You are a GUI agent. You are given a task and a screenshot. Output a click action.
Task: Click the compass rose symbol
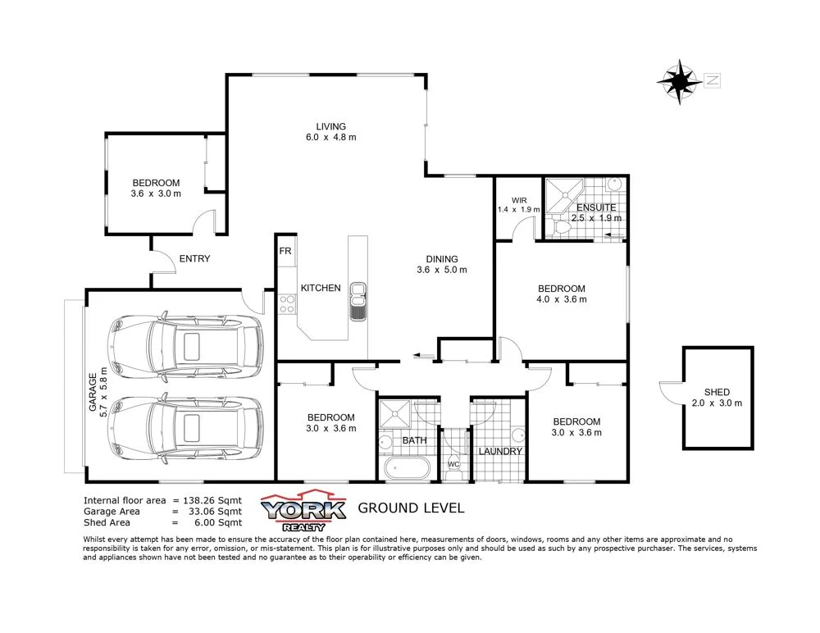(680, 81)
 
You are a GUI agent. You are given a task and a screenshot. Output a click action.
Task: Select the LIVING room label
(331, 126)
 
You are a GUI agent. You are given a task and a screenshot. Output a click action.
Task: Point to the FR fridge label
(285, 251)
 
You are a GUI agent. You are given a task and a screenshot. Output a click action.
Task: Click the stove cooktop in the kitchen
(287, 304)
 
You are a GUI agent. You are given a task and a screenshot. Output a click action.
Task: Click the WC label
(453, 465)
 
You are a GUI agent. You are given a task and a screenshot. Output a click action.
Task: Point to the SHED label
(717, 392)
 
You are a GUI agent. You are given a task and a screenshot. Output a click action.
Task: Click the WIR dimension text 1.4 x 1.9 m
(519, 210)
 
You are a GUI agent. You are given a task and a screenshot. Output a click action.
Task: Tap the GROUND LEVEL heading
(411, 508)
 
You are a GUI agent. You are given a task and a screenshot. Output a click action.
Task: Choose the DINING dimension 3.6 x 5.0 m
(441, 271)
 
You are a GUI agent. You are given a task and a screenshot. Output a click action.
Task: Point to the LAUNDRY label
(500, 451)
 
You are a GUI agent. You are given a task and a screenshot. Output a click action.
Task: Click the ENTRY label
(194, 259)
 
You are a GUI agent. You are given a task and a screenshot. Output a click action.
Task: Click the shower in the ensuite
(567, 194)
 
